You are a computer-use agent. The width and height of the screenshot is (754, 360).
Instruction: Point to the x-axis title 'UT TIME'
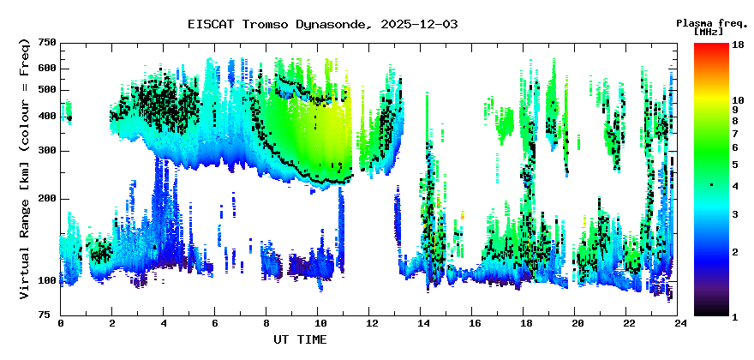[x=299, y=340]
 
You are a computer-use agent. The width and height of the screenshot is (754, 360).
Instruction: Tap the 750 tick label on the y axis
[x=46, y=43]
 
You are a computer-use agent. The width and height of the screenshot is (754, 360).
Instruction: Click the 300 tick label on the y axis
[x=46, y=151]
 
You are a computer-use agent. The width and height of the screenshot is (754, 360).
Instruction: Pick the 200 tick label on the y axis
[x=46, y=199]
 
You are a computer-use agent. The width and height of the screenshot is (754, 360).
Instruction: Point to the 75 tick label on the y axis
[x=50, y=315]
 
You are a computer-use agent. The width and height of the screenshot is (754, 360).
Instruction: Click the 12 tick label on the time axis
[x=371, y=324]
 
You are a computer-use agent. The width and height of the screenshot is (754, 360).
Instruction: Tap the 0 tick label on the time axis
[x=61, y=324]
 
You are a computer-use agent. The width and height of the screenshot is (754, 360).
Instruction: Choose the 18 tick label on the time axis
[x=526, y=324]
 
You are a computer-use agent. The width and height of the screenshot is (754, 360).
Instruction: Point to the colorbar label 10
[x=738, y=100]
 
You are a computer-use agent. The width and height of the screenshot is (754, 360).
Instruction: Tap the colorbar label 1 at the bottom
[x=735, y=315]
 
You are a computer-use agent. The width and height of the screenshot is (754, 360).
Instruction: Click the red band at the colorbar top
[x=710, y=48]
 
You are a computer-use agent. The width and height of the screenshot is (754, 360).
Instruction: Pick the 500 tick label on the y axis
[x=46, y=90]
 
